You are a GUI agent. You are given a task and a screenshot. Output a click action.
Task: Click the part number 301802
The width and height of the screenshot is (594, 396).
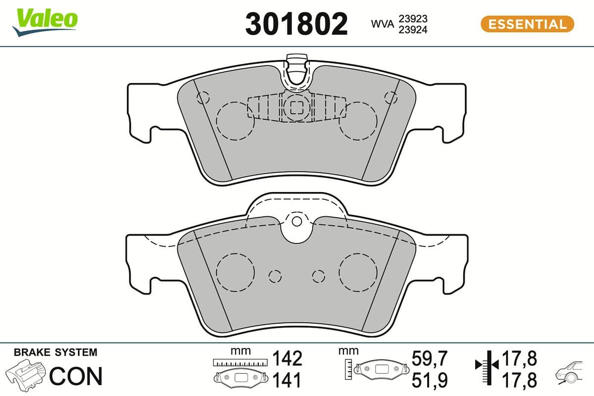tap(297, 24)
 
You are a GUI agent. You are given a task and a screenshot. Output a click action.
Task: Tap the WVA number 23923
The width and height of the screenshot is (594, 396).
tap(413, 18)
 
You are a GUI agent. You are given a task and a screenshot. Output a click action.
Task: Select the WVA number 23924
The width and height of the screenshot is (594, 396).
tap(413, 29)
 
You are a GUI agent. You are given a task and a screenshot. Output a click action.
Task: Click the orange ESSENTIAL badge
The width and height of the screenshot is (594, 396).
tap(527, 24)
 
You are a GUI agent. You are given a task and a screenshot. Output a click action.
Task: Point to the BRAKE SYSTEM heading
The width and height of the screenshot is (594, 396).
tap(55, 352)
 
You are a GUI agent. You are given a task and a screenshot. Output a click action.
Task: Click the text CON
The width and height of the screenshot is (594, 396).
tap(76, 376)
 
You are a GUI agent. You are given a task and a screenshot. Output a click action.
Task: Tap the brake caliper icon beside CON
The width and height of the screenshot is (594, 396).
tap(27, 375)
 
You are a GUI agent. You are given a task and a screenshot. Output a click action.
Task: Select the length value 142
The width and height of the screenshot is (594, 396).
tap(287, 358)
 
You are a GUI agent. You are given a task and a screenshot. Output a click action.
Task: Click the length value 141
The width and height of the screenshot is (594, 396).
tap(287, 380)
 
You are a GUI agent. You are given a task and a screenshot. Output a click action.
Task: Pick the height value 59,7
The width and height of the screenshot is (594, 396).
tap(430, 358)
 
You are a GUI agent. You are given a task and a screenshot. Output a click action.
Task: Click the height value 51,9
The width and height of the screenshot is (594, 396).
tap(430, 380)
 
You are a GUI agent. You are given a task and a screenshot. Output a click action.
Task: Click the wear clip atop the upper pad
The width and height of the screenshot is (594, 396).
tap(297, 69)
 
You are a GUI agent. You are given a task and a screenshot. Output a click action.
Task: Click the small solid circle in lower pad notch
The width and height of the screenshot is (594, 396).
tap(297, 221)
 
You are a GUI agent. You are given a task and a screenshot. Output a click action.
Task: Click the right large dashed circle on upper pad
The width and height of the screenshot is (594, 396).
tap(358, 121)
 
